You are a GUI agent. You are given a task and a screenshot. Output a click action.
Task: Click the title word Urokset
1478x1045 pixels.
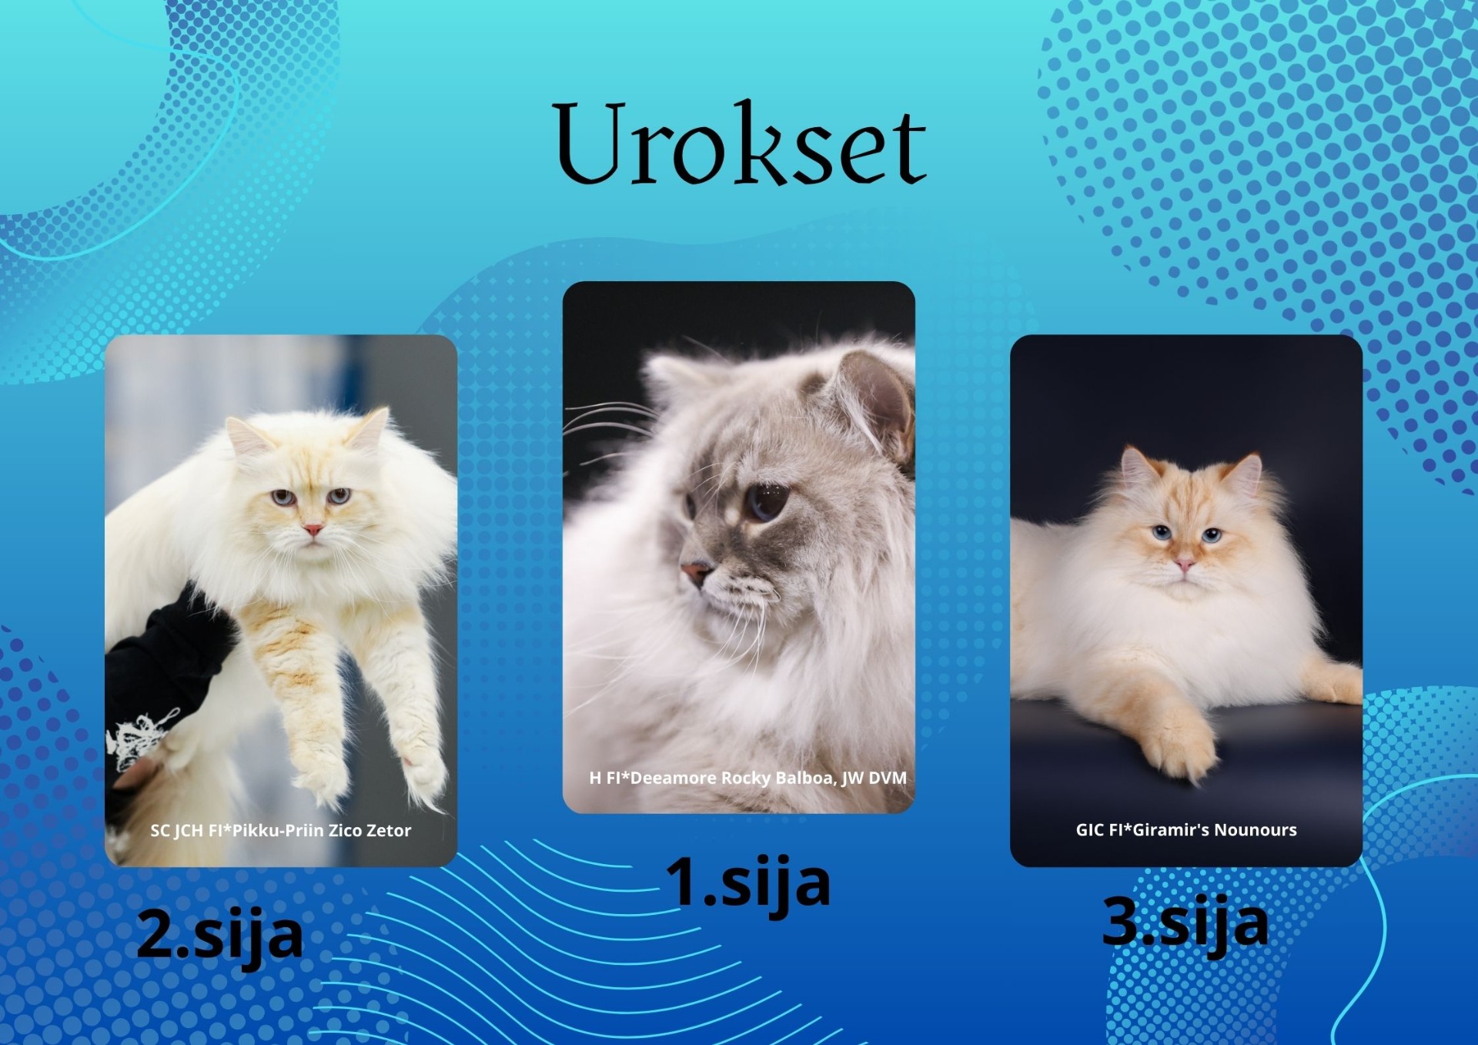click(740, 144)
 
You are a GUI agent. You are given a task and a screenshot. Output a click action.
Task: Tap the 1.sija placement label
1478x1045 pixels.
click(747, 883)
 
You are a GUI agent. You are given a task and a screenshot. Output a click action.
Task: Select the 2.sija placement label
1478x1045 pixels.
click(220, 934)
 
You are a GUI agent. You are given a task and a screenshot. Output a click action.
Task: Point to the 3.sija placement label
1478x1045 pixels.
click(1185, 922)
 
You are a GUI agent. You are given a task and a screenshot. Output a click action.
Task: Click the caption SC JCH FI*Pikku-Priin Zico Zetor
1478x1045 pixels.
click(281, 830)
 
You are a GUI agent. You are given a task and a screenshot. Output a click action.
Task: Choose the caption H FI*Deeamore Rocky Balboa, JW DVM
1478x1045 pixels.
click(748, 778)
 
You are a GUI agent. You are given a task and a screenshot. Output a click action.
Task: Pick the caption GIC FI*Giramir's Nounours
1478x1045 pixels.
click(1186, 829)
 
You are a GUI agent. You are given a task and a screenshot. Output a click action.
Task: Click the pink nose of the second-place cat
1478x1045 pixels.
click(312, 530)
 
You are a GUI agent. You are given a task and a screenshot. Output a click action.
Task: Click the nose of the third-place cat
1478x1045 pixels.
click(1184, 566)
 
